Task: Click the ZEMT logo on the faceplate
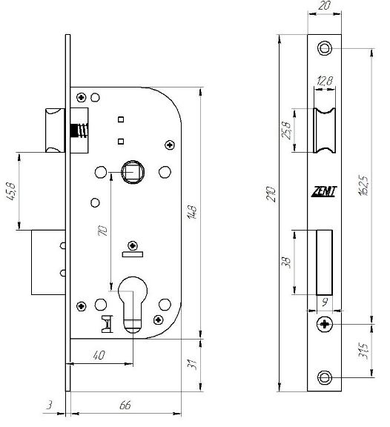324,191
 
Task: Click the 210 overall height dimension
271,194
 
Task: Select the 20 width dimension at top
324,5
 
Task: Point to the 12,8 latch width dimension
325,81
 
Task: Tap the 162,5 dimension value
363,185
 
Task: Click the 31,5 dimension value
363,351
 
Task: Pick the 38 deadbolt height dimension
286,262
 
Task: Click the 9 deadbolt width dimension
324,302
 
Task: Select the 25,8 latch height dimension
286,130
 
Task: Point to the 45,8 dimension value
11,191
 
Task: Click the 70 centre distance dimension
102,231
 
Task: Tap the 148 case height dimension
192,212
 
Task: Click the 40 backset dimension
99,355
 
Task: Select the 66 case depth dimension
125,405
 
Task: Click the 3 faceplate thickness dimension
49,405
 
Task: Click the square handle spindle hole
133,172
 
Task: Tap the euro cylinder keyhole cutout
133,304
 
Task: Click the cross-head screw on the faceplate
324,325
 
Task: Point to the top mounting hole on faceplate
324,48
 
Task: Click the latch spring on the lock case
79,130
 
